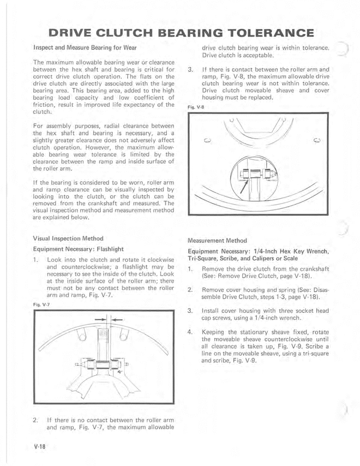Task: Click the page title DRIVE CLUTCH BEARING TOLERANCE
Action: point(180,32)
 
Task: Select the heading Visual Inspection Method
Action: point(66,237)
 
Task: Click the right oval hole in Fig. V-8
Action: point(317,142)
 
